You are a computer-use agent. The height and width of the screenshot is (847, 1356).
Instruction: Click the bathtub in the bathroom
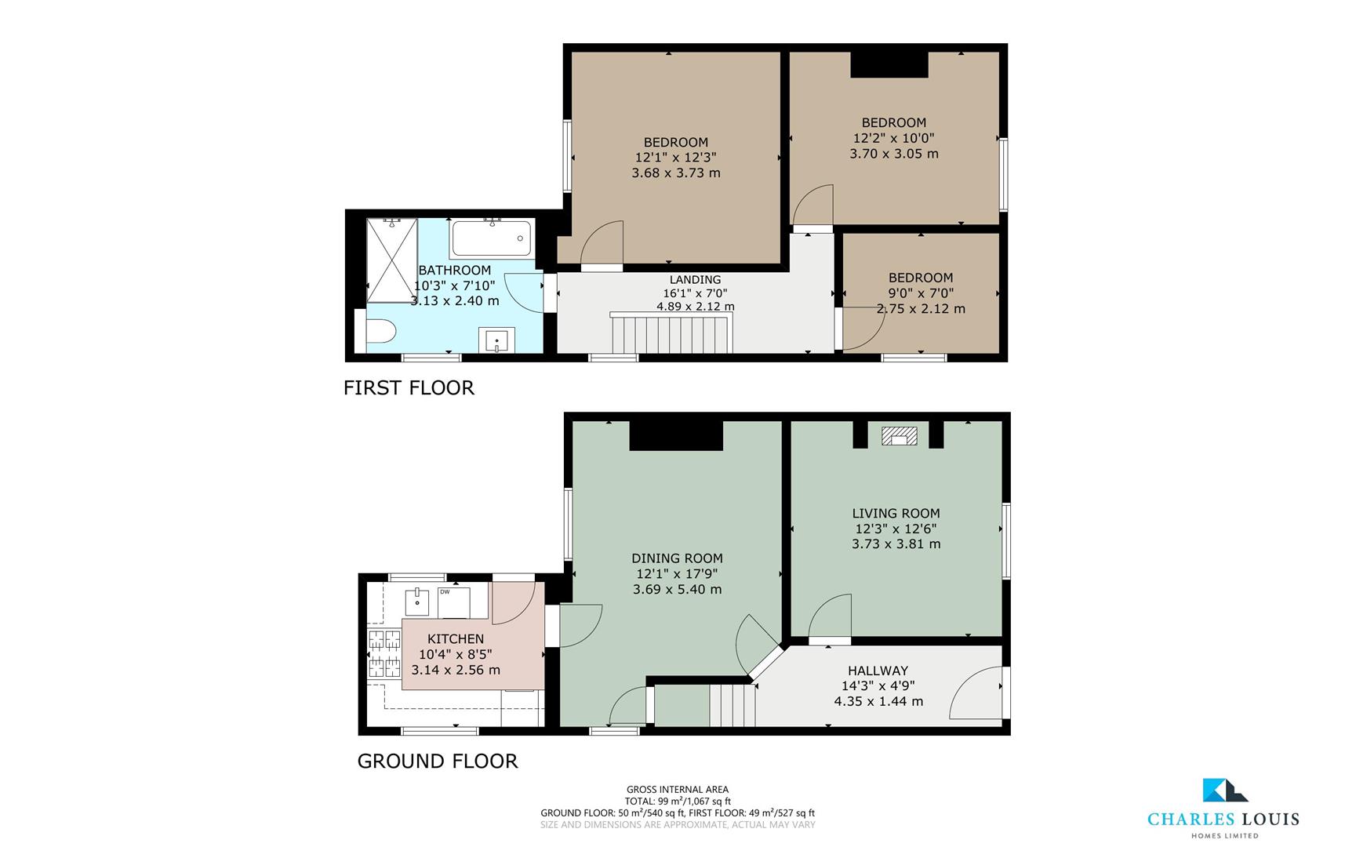[492, 238]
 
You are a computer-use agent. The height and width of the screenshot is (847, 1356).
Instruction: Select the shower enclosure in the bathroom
[391, 260]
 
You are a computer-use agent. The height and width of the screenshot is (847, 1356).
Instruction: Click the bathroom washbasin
[496, 342]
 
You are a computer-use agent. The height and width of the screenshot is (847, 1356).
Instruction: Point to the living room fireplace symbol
[898, 436]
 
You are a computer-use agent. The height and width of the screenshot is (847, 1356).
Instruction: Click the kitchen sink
[417, 602]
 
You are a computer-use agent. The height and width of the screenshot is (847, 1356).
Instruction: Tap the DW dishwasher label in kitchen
[445, 592]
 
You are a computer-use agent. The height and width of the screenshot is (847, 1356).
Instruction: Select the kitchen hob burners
[384, 653]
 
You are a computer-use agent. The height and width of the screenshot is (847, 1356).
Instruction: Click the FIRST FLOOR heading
[409, 387]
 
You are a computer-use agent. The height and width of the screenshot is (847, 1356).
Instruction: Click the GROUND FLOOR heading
[437, 761]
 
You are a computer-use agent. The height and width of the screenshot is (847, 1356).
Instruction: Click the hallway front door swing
[977, 694]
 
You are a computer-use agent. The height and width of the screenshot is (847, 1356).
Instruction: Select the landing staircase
[671, 333]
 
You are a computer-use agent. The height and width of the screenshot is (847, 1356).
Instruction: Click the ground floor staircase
[730, 704]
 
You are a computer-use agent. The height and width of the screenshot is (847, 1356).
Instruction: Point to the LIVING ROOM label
[896, 514]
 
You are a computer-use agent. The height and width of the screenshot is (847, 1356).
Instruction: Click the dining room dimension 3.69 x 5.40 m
[677, 589]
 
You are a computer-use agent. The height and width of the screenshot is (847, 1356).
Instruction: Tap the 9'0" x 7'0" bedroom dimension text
[921, 293]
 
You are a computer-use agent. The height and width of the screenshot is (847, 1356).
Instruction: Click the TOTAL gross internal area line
[677, 801]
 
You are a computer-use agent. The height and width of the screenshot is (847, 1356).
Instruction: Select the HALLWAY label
[878, 671]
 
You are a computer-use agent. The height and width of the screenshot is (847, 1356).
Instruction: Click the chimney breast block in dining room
[676, 435]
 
